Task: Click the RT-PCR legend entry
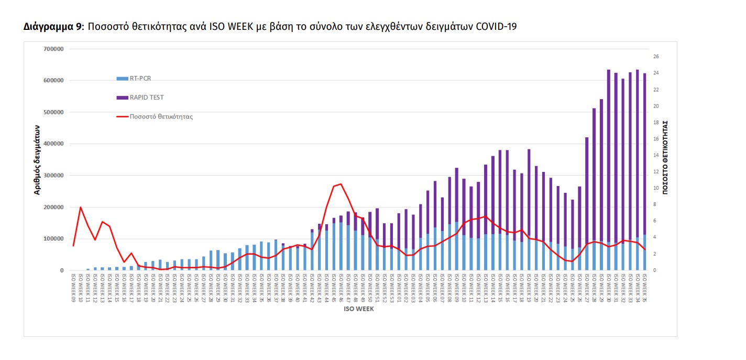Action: [140, 79]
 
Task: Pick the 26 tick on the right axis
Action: [656, 57]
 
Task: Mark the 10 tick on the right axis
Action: [656, 188]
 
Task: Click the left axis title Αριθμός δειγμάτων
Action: [37, 160]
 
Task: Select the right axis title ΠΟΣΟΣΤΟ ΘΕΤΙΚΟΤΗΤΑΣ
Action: [666, 157]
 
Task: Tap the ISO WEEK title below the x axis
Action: [359, 309]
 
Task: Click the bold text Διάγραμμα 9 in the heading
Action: [53, 27]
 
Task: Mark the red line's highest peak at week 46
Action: [341, 184]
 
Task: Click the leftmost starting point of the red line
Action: [73, 246]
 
